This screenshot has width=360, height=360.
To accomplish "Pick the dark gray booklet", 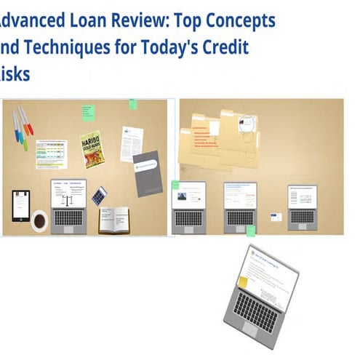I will [147, 173].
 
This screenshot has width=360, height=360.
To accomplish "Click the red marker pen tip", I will [30, 129].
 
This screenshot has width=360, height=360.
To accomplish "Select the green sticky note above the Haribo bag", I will [88, 113].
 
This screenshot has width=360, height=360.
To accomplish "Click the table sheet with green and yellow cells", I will [51, 153].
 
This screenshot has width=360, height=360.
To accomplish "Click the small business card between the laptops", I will [277, 217].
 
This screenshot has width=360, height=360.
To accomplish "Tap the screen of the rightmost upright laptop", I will [303, 196].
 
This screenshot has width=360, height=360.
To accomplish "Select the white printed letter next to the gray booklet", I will [131, 143].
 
